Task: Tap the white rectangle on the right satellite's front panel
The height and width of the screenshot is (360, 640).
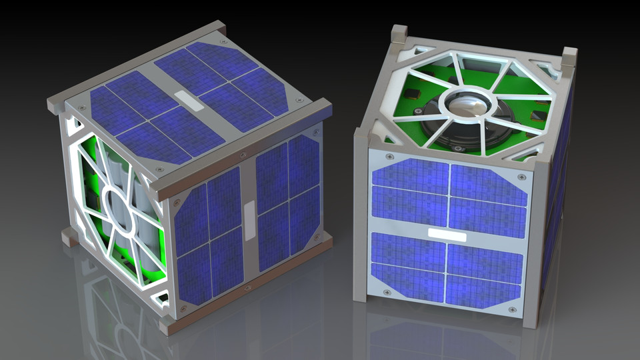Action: [446, 233]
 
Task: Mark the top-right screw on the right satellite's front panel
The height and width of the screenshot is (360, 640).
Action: [521, 177]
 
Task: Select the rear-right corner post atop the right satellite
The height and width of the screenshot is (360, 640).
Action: [569, 57]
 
